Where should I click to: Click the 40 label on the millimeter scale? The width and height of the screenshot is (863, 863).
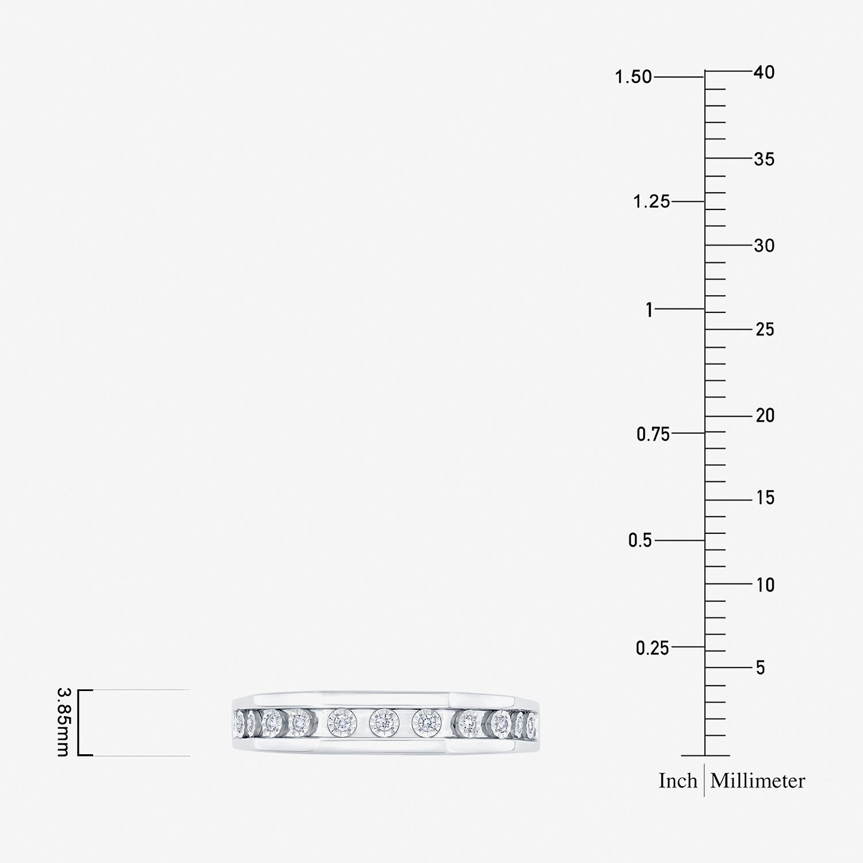765,72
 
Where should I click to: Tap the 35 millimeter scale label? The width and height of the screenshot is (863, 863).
765,159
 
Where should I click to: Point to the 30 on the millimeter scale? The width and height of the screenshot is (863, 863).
765,246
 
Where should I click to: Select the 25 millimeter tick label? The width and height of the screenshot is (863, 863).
765,330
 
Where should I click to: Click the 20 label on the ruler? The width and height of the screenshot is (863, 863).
765,415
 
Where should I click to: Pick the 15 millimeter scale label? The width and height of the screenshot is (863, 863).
765,498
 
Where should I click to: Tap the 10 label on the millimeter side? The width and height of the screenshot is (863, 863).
765,585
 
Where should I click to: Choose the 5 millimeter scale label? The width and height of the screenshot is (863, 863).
761,668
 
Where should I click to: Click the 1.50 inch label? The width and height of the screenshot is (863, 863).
633,77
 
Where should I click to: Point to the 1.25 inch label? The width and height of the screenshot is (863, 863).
652,202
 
